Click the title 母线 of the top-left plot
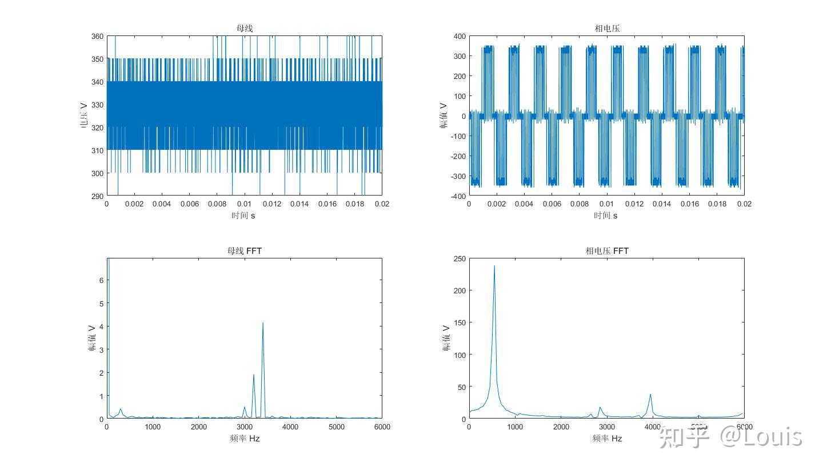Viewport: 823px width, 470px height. tap(244, 28)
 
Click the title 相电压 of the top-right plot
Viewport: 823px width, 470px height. tap(606, 28)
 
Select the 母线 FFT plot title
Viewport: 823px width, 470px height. tap(244, 250)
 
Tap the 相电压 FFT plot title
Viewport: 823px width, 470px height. tap(606, 250)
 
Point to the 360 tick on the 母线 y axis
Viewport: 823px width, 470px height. tap(97, 36)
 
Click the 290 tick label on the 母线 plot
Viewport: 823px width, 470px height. tap(97, 196)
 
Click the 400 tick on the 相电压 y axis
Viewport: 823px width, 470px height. tap(459, 36)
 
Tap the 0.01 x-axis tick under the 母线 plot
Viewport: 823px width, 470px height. tap(244, 204)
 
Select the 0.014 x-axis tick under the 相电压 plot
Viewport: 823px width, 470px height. tap(662, 204)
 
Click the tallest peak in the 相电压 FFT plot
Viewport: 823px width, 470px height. tap(494, 266)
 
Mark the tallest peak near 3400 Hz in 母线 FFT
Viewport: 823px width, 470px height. tap(263, 323)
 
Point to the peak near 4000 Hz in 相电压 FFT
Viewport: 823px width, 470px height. tap(650, 395)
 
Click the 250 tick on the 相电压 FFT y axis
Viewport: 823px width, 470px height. tap(459, 258)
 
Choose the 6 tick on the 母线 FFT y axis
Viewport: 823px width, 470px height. tap(101, 280)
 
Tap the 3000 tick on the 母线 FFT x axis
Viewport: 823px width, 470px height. tap(244, 427)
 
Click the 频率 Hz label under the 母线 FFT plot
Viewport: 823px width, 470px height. tap(244, 439)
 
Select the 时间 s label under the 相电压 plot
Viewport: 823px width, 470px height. tap(606, 216)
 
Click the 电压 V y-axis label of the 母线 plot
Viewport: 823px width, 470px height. tap(84, 115)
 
